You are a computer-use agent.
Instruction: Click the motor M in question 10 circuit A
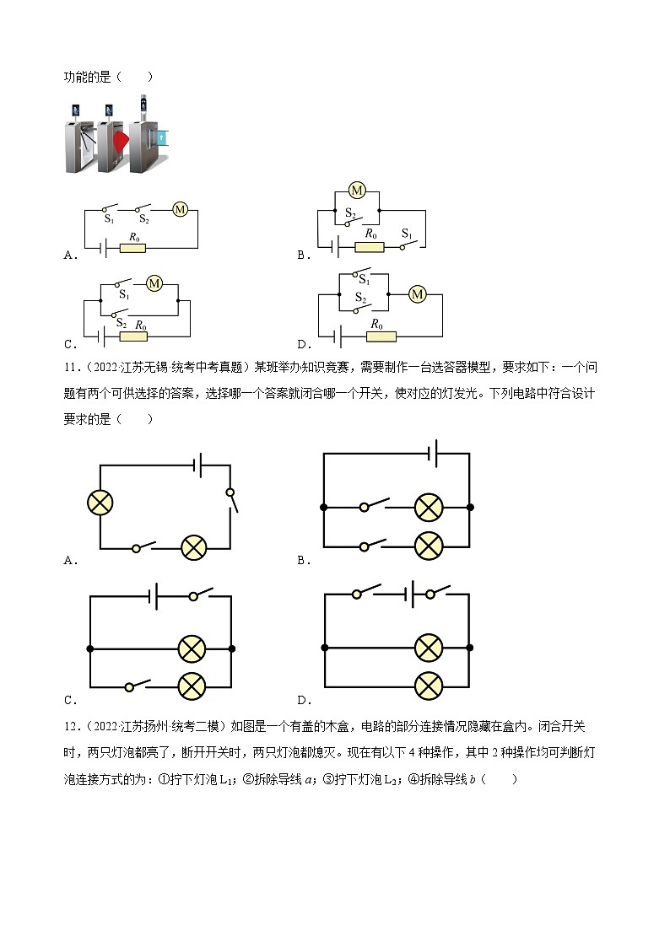tap(180, 210)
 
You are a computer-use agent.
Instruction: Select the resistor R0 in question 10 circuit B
tap(369, 247)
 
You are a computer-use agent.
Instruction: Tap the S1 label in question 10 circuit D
tap(364, 279)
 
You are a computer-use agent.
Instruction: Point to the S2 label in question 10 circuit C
tap(121, 323)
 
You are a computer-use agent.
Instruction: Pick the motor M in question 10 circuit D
tap(417, 294)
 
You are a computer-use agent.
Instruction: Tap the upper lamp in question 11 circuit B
tap(429, 508)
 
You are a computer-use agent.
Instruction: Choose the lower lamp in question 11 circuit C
tap(192, 686)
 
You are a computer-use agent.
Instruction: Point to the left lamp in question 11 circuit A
tap(100, 503)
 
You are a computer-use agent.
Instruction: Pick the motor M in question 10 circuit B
tap(357, 191)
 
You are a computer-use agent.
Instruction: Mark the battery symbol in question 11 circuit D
tap(411, 595)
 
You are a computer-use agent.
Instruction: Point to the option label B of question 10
tap(304, 255)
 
